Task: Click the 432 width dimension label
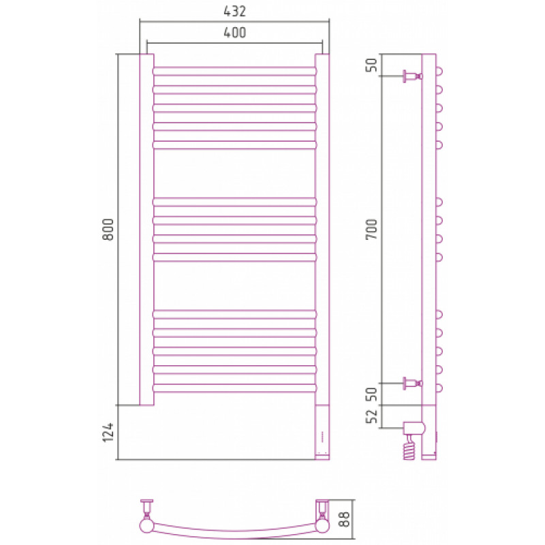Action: [234, 11]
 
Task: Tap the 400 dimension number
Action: [234, 33]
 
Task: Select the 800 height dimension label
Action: [108, 230]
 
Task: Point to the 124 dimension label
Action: [108, 433]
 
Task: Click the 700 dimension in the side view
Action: [371, 229]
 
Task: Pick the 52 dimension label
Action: [371, 416]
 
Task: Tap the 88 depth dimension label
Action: [344, 519]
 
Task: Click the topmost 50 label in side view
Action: [371, 65]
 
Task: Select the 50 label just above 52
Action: [371, 394]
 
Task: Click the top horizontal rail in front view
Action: [234, 72]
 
